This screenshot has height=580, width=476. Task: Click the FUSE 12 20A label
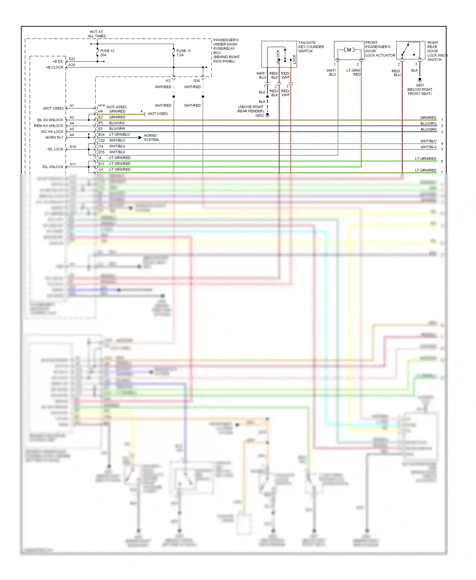107,53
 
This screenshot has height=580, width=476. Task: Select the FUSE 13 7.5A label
183,53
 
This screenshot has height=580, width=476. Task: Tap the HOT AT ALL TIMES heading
96,34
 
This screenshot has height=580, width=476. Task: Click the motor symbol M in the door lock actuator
349,50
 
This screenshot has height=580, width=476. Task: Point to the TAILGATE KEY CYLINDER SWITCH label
311,47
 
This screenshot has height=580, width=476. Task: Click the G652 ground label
259,115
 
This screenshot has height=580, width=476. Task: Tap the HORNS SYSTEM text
151,137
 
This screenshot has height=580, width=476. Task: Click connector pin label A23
72,59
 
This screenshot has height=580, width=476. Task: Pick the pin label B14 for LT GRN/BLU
101,135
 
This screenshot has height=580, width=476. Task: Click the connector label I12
168,81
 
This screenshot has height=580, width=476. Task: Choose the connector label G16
196,81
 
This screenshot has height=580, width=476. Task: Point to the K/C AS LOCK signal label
52,131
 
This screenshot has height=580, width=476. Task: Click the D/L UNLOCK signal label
53,167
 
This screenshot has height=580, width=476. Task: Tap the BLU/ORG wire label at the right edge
428,123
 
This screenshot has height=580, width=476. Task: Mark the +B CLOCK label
55,67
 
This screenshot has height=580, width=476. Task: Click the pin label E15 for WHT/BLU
101,152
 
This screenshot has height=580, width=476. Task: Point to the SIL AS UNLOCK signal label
50,120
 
